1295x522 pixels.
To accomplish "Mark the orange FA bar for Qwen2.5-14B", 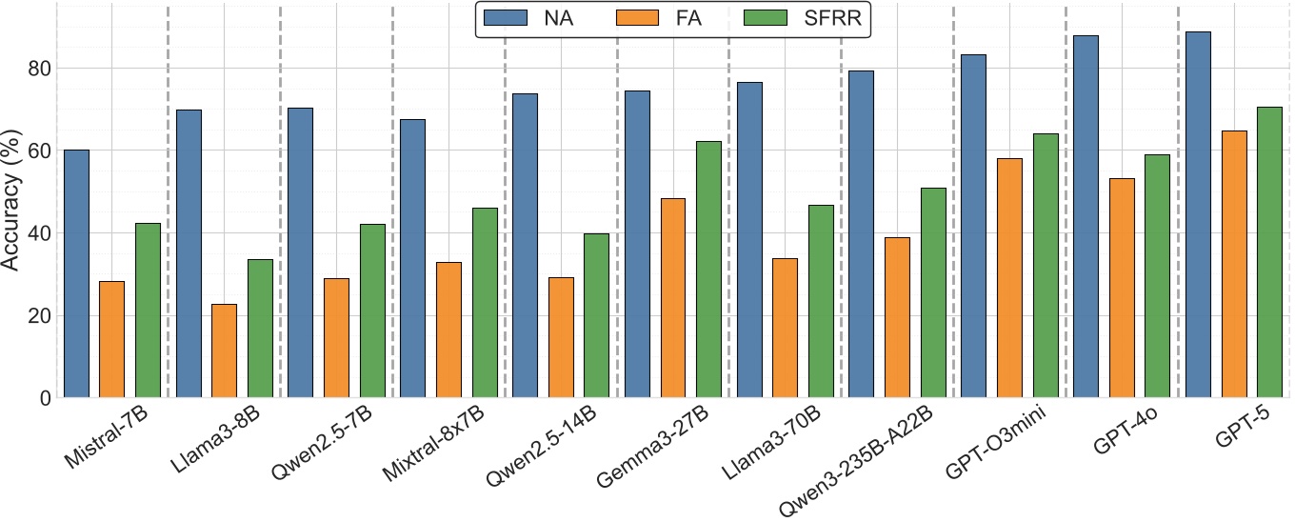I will [x=561, y=337].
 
